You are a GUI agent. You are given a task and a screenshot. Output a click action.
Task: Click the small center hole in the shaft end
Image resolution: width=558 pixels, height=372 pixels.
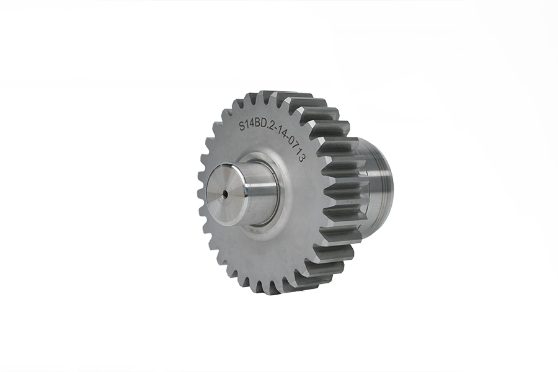pyautogui.click(x=226, y=193)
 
